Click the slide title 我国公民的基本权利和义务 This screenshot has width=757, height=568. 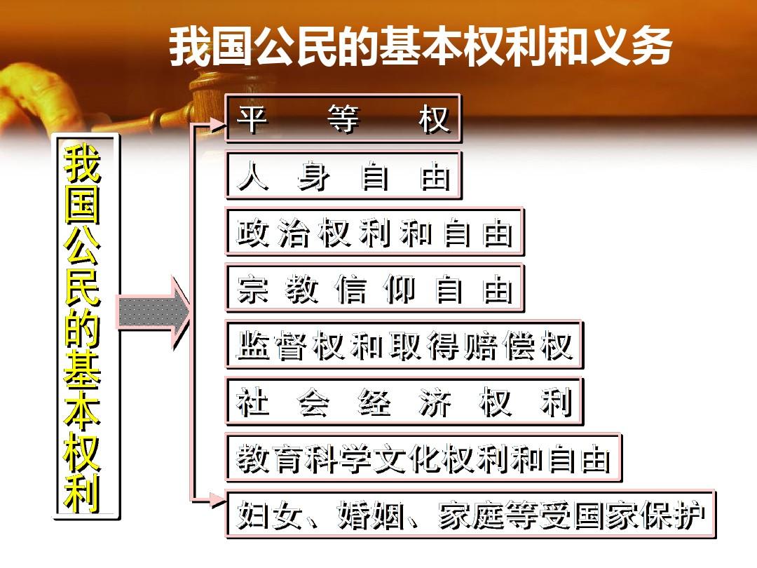421,47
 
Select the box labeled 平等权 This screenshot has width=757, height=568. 343,119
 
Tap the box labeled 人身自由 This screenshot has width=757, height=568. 343,175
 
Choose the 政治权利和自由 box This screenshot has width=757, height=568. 374,232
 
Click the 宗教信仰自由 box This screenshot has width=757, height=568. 374,288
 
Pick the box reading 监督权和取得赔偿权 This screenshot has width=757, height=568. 404,345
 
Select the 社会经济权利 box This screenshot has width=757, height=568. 404,401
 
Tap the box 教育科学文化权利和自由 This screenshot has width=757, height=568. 423,458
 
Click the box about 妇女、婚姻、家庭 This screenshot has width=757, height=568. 471,515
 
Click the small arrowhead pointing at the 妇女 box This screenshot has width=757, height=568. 217,501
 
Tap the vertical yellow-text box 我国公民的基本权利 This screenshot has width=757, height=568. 86,327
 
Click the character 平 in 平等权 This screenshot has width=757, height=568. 252,119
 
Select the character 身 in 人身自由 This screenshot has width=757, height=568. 314,176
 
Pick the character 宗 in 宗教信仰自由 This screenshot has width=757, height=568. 252,289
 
